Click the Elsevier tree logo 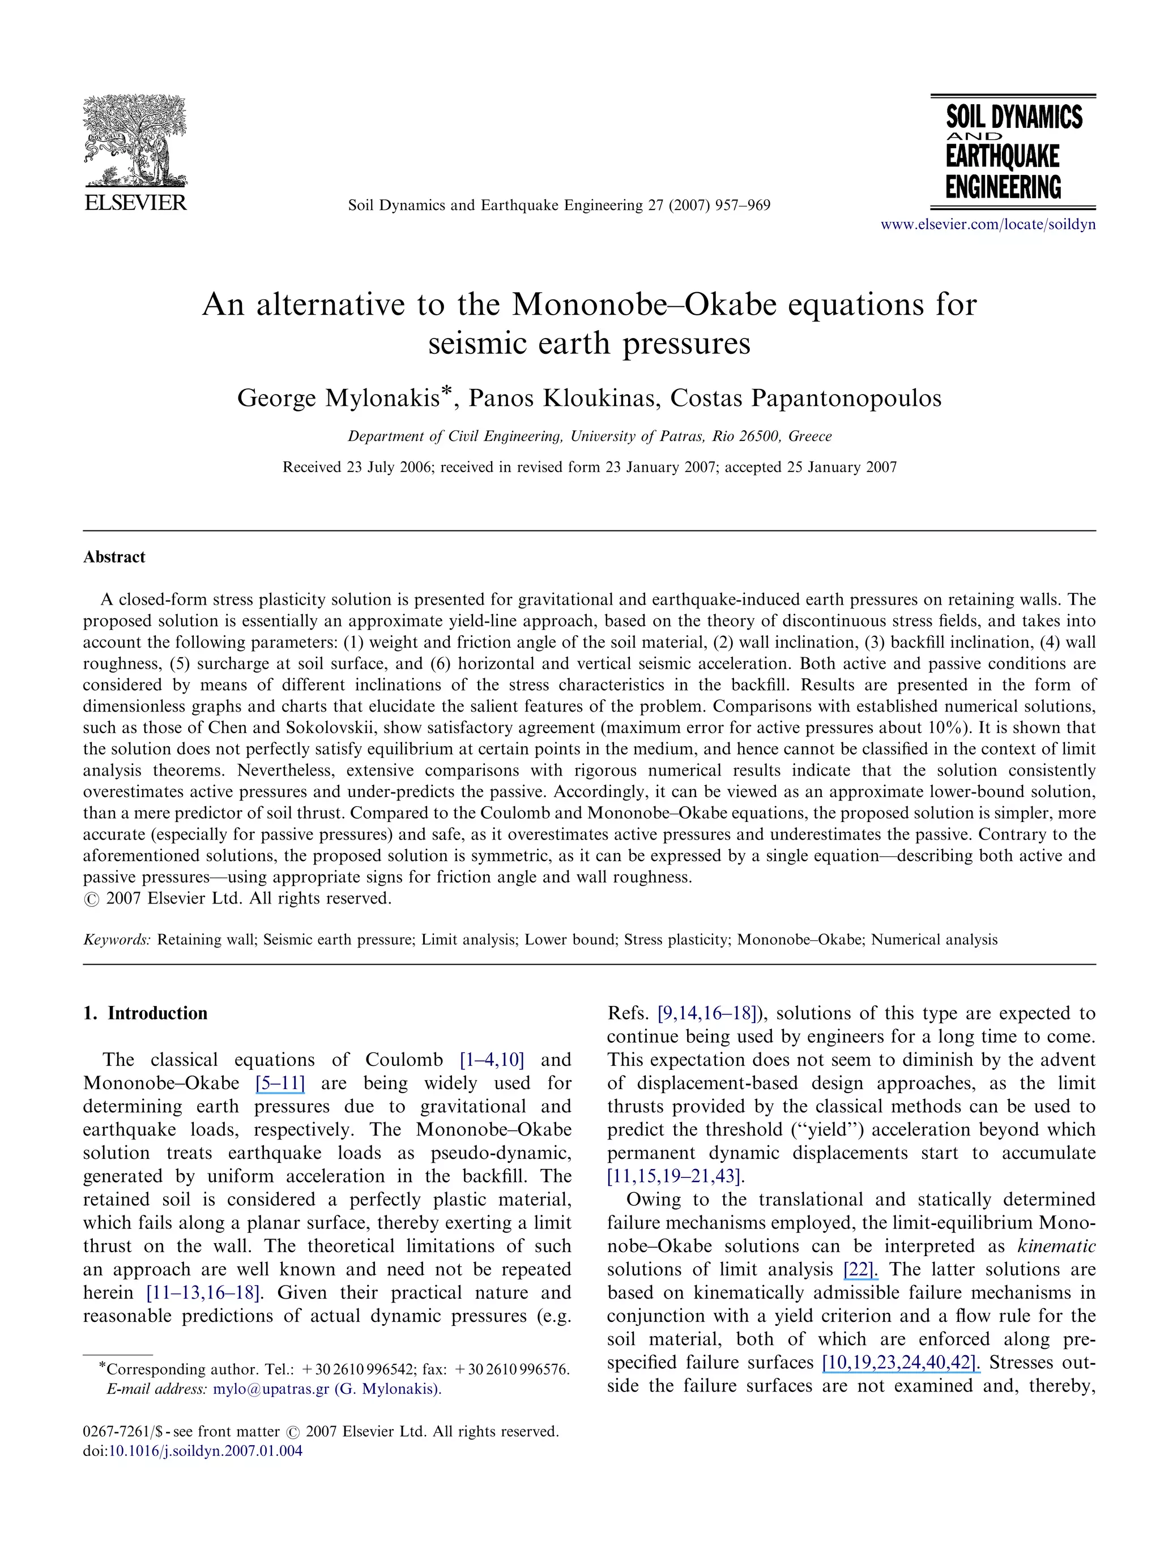coord(135,140)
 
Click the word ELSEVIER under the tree coord(135,203)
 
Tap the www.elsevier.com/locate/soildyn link coord(987,224)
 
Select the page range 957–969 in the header coord(743,205)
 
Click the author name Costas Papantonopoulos coord(805,398)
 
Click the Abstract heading coord(114,557)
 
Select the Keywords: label coord(117,939)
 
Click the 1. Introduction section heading coord(146,1013)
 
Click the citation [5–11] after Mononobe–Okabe coord(280,1084)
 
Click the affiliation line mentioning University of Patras coord(590,436)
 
